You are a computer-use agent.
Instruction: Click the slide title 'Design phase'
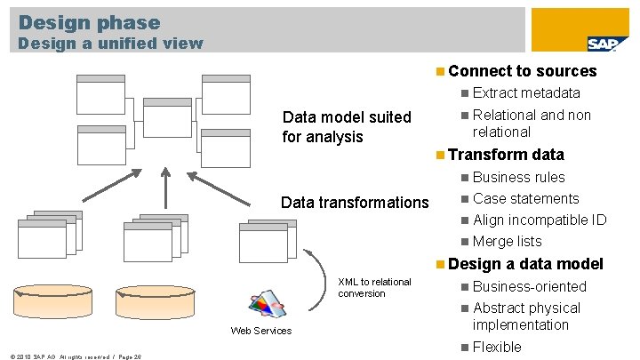(89, 22)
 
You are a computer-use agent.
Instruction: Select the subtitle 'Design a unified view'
(111, 43)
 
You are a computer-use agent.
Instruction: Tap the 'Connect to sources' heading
(523, 71)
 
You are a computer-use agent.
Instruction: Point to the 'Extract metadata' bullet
(526, 92)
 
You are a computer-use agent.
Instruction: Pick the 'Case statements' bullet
(525, 198)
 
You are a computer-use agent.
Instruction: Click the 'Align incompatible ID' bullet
(540, 220)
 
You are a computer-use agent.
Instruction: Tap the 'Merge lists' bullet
(507, 241)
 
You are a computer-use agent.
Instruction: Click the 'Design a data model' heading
(526, 263)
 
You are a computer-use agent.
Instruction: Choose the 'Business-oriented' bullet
(530, 286)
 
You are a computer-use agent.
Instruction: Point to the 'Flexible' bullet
(497, 347)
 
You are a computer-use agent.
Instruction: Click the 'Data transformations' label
(355, 203)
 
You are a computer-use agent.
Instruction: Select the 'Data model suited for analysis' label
(347, 127)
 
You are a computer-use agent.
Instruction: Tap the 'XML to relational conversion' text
(374, 287)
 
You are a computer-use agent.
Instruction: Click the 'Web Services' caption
(260, 331)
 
